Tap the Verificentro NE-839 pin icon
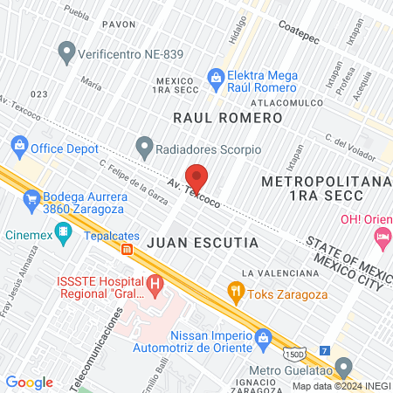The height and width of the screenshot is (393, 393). coord(65,54)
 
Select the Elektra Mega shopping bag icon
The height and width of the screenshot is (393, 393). coord(216,79)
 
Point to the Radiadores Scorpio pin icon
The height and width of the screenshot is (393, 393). coord(144,146)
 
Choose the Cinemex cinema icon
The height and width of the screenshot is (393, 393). coord(62,233)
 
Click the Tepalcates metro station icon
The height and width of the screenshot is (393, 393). coord(127,249)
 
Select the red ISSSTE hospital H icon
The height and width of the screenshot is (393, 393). coord(155,283)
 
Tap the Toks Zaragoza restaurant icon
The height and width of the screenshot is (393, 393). coord(234,290)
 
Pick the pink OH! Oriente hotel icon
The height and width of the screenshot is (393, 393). coord(382,236)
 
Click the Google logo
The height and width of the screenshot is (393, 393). coord(30,383)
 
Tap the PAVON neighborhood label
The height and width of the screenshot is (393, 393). coord(119,24)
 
